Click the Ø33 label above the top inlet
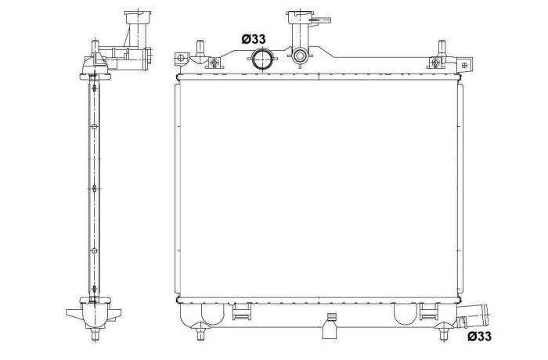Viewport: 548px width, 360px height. point(254,39)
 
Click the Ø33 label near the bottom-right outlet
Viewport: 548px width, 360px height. point(479,337)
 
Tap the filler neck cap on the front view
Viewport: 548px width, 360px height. point(298,17)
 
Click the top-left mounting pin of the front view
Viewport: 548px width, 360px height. point(200,49)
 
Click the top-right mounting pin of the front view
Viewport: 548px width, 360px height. point(442,48)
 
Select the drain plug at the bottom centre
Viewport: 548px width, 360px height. point(330,326)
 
